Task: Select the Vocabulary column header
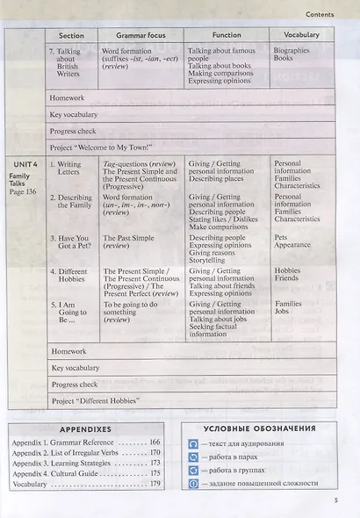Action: tap(301, 35)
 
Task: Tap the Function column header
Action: tap(227, 35)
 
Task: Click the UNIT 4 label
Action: tap(24, 163)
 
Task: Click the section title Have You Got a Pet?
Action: tap(72, 242)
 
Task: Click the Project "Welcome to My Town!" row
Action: tap(101, 147)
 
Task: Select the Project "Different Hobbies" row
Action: tap(96, 401)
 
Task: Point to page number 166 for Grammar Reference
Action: tap(155, 443)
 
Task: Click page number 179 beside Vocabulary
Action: tap(155, 484)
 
